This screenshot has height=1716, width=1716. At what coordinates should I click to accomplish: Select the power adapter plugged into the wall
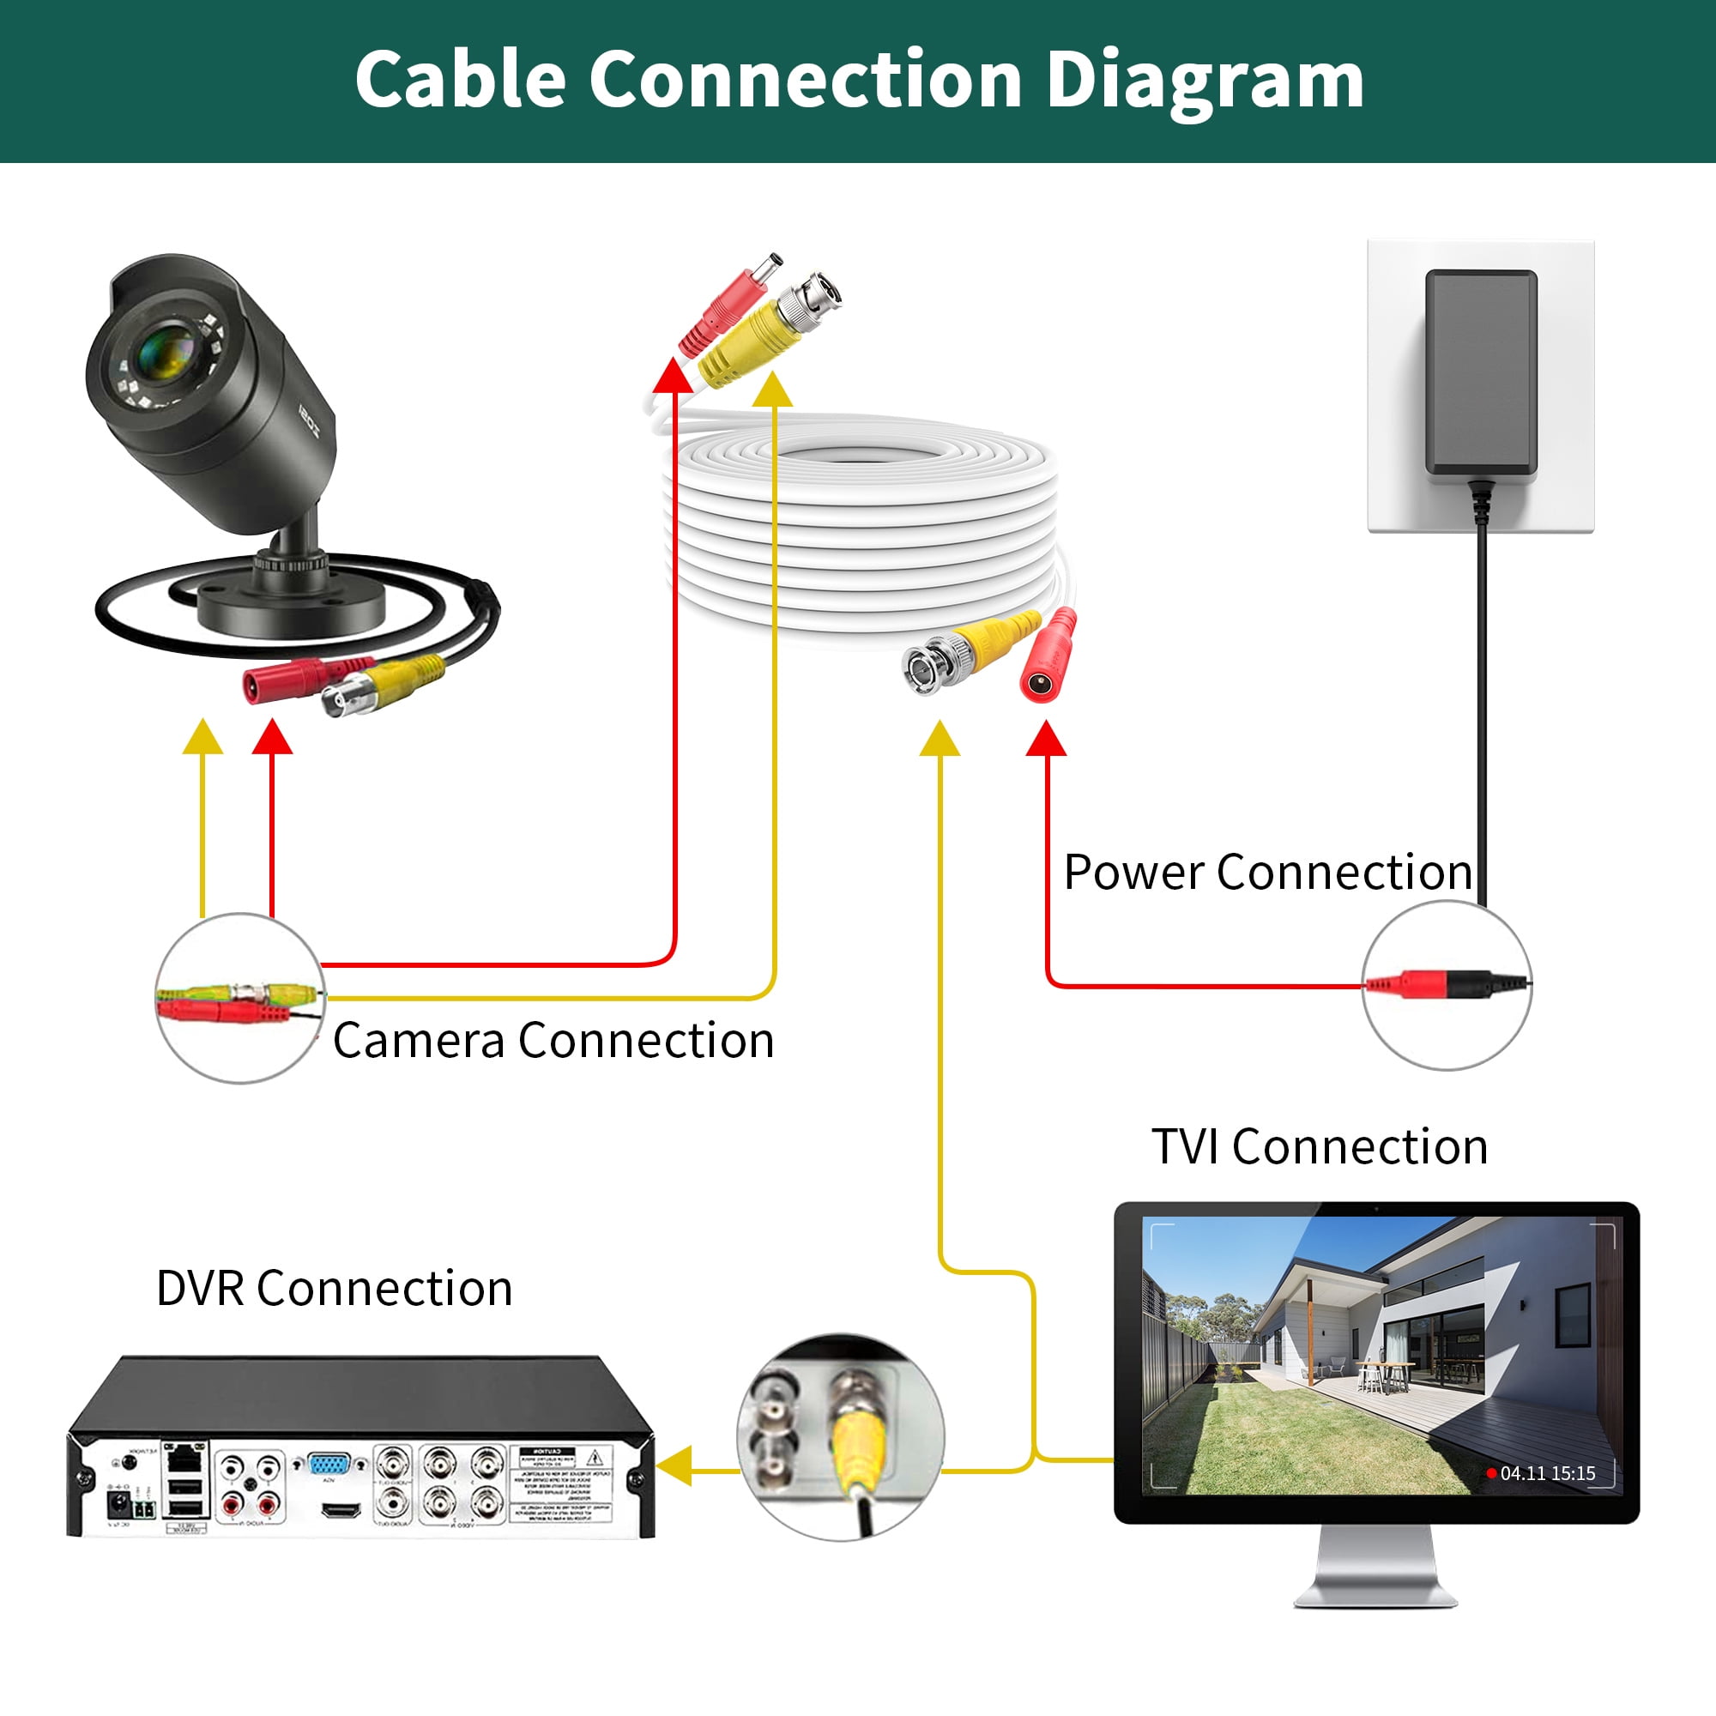[1481, 373]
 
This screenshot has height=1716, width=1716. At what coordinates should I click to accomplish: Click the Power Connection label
[1267, 873]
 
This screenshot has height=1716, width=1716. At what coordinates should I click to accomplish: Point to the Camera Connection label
[553, 1040]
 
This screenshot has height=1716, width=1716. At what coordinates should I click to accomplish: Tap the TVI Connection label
[1320, 1146]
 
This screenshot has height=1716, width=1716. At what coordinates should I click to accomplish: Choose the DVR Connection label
[334, 1288]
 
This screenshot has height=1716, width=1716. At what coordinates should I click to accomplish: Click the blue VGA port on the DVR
[329, 1463]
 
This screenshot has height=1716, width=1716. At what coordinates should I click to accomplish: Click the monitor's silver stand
[1375, 1570]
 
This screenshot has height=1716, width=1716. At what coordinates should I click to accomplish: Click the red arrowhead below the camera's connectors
[272, 738]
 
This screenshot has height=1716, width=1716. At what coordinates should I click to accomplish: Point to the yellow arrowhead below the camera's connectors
[202, 738]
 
